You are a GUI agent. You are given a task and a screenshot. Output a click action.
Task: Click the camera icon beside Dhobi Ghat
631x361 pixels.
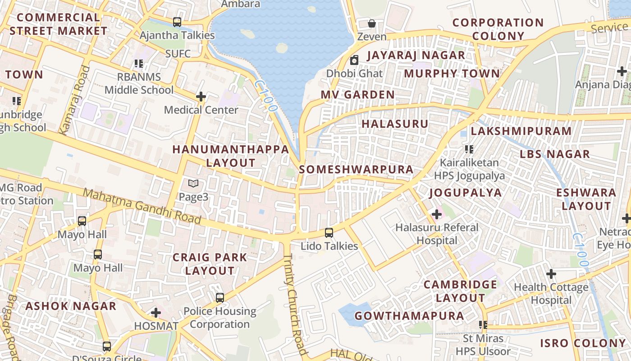pos(354,60)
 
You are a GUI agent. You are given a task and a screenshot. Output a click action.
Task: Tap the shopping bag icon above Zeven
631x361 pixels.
pos(372,23)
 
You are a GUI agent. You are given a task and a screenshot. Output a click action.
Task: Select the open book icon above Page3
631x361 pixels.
pos(193,184)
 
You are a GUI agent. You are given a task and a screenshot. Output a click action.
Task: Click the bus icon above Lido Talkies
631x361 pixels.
pos(329,233)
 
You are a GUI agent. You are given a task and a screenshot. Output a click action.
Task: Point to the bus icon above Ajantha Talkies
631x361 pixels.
pos(177,22)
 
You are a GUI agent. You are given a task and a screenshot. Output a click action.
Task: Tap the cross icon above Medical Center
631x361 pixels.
pos(201,97)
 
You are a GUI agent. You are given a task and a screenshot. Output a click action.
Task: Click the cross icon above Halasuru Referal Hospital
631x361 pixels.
pos(436,214)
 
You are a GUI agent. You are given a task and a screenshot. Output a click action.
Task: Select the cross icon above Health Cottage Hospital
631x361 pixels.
pos(551,274)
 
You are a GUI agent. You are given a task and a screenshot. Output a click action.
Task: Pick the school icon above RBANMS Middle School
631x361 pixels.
pos(138,64)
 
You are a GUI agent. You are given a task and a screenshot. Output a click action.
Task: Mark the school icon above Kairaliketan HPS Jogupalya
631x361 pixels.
pos(469,149)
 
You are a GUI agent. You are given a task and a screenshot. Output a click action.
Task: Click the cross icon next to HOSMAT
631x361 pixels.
pos(156,312)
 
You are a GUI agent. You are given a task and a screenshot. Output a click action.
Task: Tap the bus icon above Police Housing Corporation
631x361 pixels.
pos(219,298)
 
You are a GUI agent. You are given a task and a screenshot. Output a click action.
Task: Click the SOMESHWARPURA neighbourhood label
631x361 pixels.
pos(356,170)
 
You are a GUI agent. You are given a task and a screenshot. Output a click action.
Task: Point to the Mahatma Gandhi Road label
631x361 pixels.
pos(142,207)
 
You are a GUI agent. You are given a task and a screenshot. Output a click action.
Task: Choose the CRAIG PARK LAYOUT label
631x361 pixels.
pos(210,264)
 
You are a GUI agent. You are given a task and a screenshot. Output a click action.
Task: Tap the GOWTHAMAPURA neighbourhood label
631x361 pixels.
pos(409,316)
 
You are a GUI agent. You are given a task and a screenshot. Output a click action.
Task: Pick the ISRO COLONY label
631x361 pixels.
pos(583,343)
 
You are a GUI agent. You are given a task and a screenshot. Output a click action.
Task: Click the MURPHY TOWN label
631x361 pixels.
pos(452,74)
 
